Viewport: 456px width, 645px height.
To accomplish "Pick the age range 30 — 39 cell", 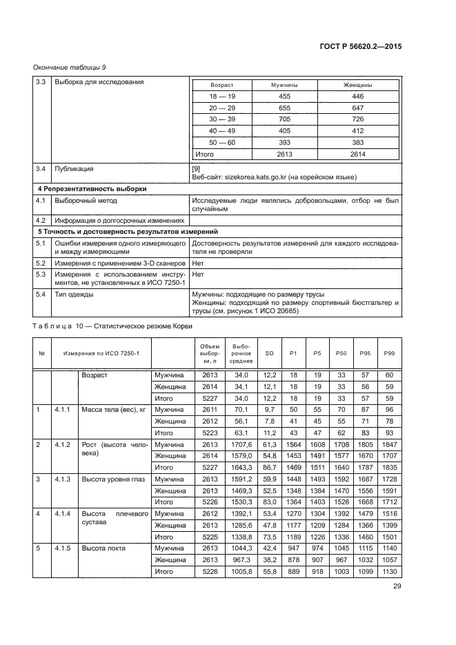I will click(222, 119).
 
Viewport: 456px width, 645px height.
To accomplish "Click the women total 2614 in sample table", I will click(357, 155).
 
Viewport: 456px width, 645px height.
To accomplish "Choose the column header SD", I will click(269, 353).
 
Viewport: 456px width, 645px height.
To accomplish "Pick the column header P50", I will click(341, 353).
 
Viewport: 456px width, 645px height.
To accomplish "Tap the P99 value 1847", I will click(389, 445).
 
